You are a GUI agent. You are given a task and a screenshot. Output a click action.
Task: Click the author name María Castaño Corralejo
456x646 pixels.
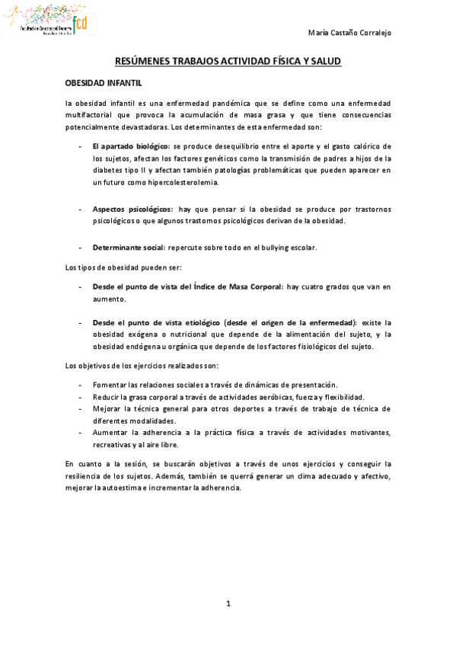click(352, 33)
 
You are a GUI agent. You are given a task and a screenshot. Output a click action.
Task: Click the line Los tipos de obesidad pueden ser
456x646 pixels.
click(124, 267)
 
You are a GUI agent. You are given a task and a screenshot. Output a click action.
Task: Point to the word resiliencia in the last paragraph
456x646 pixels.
click(81, 476)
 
